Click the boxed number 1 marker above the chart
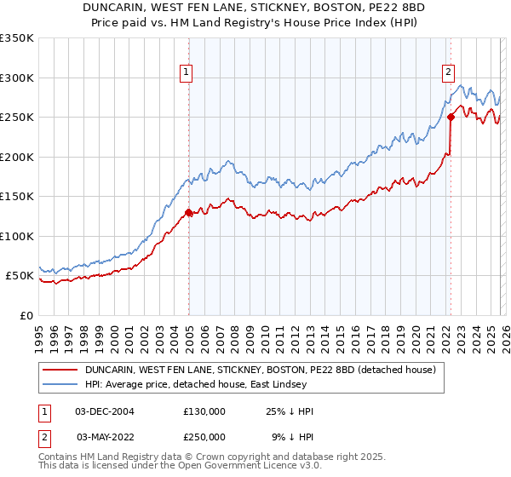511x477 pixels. tap(187, 73)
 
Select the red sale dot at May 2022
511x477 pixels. tap(451, 118)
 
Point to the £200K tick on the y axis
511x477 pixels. tap(17, 157)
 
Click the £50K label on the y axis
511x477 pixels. tap(19, 276)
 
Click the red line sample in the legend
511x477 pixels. tap(60, 370)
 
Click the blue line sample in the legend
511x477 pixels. tap(60, 385)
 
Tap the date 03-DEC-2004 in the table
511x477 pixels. tap(105, 411)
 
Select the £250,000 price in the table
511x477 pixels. tap(204, 437)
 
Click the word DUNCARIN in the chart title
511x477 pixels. tap(116, 7)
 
